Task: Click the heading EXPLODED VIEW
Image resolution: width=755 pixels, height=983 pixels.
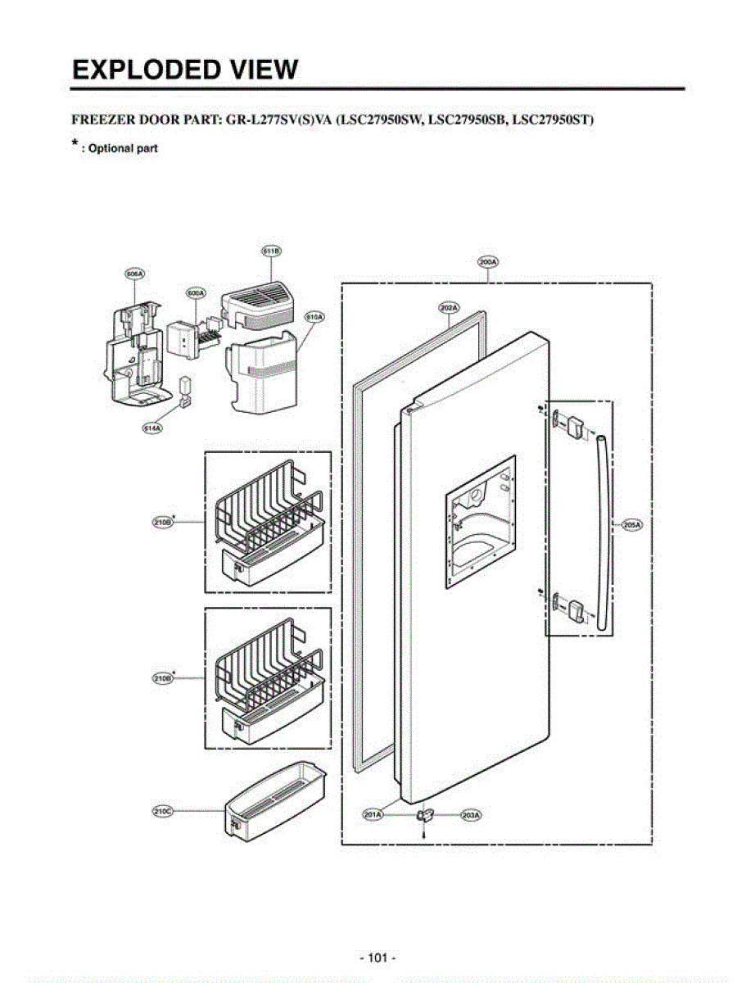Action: [x=185, y=69]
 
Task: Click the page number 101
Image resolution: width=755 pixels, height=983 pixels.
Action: [x=377, y=957]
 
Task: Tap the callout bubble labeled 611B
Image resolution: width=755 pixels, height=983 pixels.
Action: [x=272, y=251]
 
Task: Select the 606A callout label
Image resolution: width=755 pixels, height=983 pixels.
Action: [x=134, y=275]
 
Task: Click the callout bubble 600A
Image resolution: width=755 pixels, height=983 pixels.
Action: [x=196, y=292]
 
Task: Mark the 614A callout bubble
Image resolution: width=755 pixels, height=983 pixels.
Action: [x=152, y=428]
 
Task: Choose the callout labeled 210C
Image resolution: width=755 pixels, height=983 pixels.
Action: [x=162, y=811]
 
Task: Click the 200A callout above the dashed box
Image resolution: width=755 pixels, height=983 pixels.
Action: [x=488, y=262]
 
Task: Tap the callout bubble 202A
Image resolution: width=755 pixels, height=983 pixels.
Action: [x=448, y=307]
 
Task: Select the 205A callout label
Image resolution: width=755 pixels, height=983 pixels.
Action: [x=631, y=525]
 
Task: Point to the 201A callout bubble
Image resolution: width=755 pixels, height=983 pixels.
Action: [x=373, y=815]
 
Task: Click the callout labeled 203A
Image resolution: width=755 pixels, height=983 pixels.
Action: [x=470, y=815]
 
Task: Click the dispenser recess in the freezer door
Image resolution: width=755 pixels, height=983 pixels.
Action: [x=480, y=522]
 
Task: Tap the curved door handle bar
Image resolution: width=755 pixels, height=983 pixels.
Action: [x=604, y=532]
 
